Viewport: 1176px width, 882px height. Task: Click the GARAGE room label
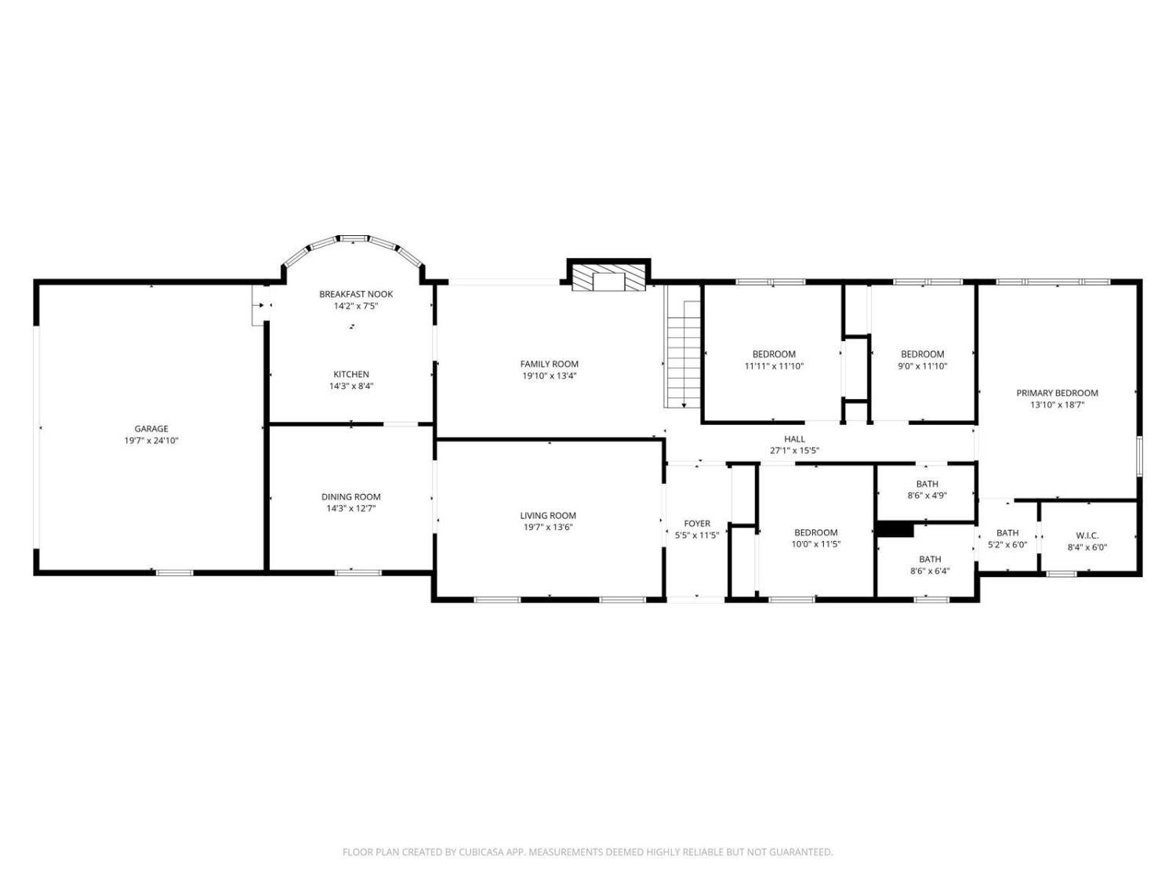pyautogui.click(x=151, y=428)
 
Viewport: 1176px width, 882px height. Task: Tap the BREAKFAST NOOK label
pyautogui.click(x=356, y=294)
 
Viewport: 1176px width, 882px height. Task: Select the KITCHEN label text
pyautogui.click(x=351, y=374)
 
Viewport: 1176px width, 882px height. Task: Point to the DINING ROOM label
pyautogui.click(x=351, y=497)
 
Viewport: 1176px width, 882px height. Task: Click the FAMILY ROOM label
pyautogui.click(x=549, y=364)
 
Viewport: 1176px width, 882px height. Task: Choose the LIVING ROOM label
pyautogui.click(x=548, y=516)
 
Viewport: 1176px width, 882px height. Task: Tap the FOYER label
pyautogui.click(x=697, y=524)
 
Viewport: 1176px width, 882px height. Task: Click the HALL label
pyautogui.click(x=794, y=439)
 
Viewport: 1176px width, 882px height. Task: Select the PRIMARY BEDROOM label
pyautogui.click(x=1057, y=393)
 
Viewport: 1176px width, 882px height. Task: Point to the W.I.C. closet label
pyautogui.click(x=1087, y=535)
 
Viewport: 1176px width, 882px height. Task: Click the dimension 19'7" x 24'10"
pyautogui.click(x=151, y=441)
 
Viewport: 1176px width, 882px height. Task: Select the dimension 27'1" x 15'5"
pyautogui.click(x=794, y=451)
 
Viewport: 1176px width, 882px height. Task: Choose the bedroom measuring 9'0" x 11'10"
pyautogui.click(x=922, y=354)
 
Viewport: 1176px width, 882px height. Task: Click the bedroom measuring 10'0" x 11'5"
pyautogui.click(x=816, y=532)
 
